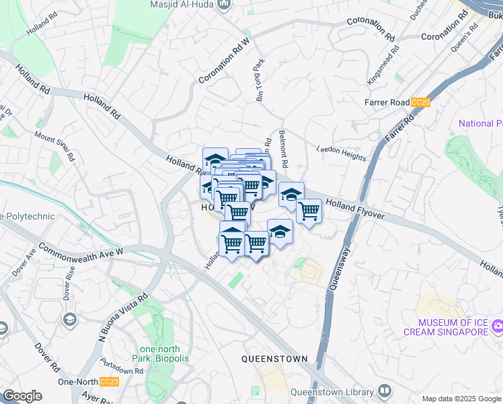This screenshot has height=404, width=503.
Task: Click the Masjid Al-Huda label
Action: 183,5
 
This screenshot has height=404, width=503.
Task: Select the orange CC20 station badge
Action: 420,102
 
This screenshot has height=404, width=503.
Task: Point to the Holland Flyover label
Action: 355,207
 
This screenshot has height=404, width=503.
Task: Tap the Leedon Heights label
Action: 341,154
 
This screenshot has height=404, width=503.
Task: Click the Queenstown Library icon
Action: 384,391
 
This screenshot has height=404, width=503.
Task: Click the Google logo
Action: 22,396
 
